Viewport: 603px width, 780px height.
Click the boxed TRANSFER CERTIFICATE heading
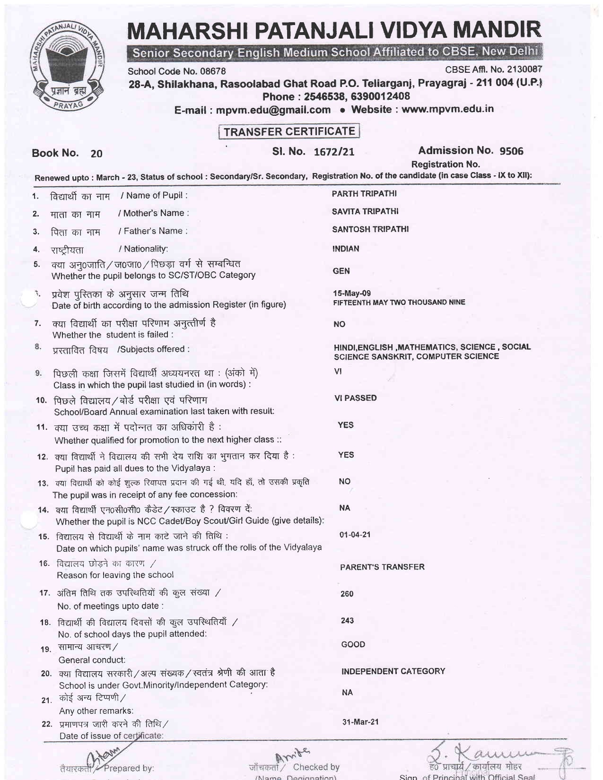(289, 131)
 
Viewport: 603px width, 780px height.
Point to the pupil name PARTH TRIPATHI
(364, 194)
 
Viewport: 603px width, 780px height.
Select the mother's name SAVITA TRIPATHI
(365, 211)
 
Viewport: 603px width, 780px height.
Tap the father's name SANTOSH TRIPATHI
(370, 229)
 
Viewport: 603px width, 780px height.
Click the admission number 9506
(511, 151)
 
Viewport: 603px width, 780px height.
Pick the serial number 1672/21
(334, 152)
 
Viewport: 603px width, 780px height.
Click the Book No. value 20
(96, 154)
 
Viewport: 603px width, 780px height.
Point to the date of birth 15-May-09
(352, 293)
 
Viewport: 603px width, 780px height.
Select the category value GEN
(341, 271)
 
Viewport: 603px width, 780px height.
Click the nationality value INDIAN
(345, 249)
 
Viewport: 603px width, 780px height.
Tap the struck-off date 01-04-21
(355, 535)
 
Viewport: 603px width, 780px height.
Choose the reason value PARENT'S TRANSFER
(382, 567)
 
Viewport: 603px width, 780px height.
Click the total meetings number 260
(347, 594)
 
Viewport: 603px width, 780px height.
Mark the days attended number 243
(347, 620)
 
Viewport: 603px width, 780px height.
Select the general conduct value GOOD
(353, 644)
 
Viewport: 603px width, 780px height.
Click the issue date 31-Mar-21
(360, 722)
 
